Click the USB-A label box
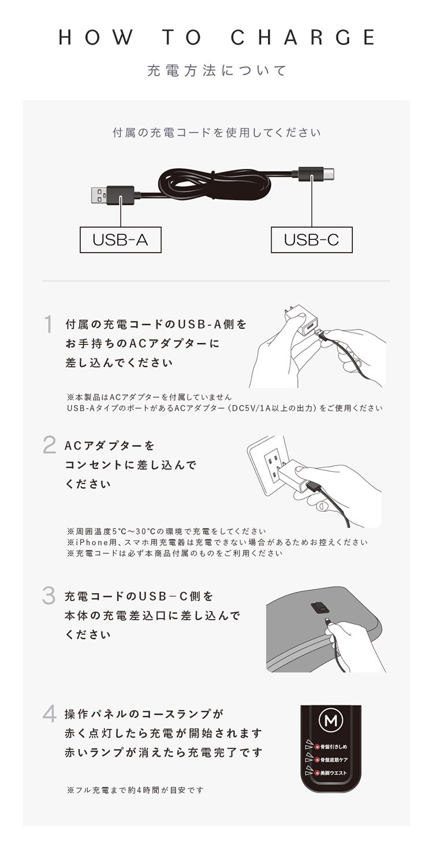pos(120,240)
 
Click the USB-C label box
pos(312,240)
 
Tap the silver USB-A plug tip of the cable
pos(99,195)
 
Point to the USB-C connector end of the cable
pos(329,174)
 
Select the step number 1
pos(48,324)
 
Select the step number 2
pos(49,445)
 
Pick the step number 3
pos(49,595)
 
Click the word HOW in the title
pos(96,37)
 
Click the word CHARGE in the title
pos(303,37)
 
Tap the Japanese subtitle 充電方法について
pos(216,71)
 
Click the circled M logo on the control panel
pos(331,720)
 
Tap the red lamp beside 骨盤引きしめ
pos(318,746)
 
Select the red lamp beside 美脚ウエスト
pos(318,772)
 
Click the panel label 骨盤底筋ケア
pos(334,760)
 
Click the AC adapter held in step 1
pos(304,321)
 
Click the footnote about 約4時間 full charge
pos(135,790)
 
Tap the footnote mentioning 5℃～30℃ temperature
pos(167,531)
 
